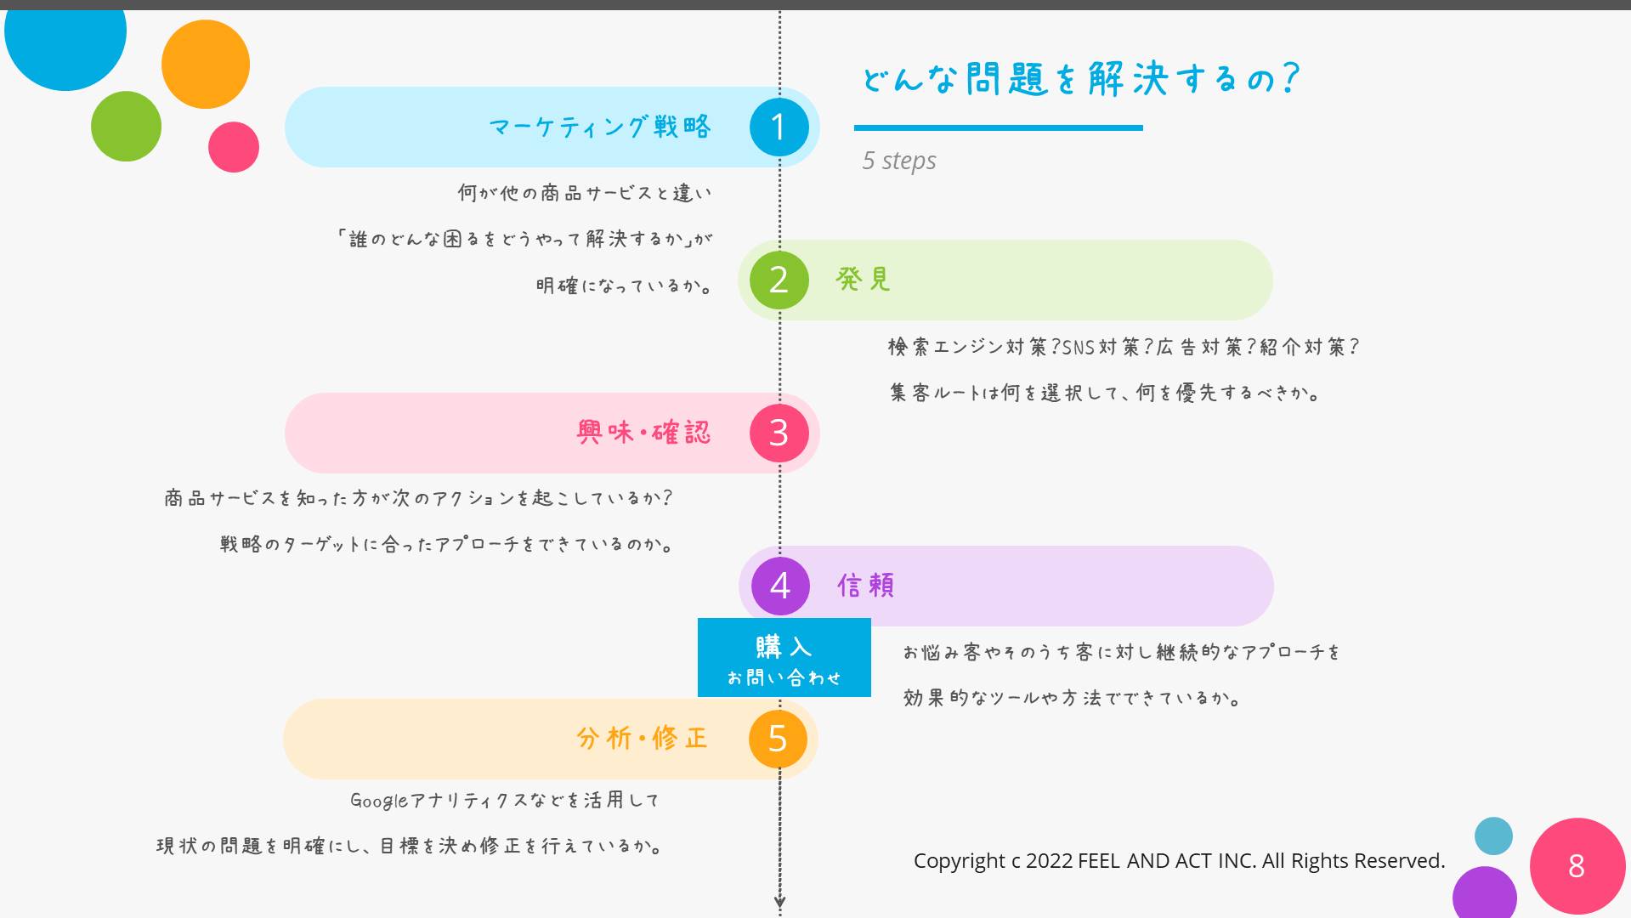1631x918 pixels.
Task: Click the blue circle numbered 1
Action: (x=779, y=127)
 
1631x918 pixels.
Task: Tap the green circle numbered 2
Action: (x=779, y=280)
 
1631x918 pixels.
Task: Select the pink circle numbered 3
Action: (x=779, y=433)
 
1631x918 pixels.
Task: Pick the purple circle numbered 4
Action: (x=780, y=586)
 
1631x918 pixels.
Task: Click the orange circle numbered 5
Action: (x=778, y=739)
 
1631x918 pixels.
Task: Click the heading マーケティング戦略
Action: (x=600, y=127)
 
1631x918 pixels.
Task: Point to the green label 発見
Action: (x=863, y=279)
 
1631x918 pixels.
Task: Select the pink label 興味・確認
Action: (x=643, y=432)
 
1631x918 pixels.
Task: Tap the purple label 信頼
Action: (x=865, y=585)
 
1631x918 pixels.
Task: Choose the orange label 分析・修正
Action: (x=642, y=738)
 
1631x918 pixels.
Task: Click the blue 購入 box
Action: (x=784, y=658)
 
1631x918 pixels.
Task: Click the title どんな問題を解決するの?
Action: (x=1080, y=79)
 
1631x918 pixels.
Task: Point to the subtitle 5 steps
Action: (x=899, y=161)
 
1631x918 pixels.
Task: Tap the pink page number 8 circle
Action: (x=1577, y=866)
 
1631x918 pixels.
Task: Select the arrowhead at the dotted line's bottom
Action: (x=779, y=903)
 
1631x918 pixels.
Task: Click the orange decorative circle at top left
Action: (x=205, y=65)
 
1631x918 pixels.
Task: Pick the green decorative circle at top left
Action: (x=126, y=126)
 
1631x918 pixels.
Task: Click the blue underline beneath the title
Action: (x=998, y=127)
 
